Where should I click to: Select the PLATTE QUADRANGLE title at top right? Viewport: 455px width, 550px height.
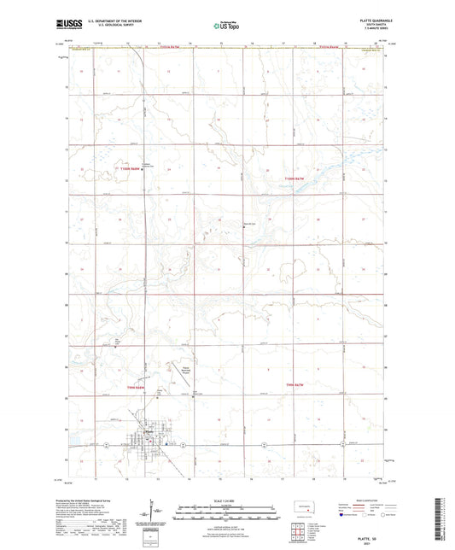coord(369,23)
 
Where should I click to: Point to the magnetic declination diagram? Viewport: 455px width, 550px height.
coord(158,512)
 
